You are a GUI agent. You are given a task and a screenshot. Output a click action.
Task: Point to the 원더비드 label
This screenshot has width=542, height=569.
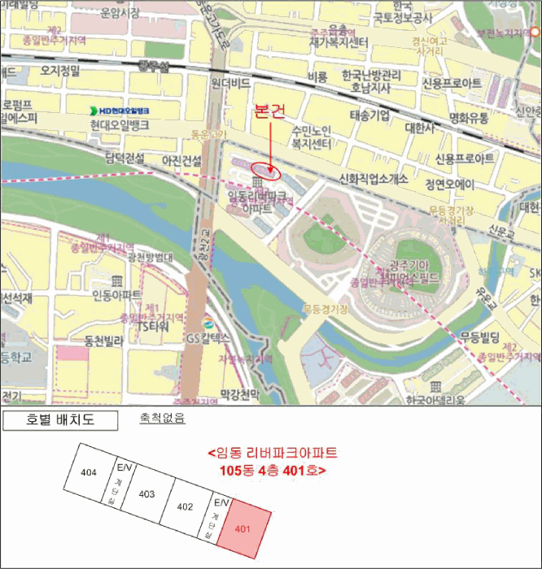(x=229, y=84)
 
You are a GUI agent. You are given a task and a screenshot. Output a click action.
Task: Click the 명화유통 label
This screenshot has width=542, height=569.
(x=469, y=118)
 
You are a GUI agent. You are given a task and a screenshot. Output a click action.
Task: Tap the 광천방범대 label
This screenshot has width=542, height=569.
(x=151, y=257)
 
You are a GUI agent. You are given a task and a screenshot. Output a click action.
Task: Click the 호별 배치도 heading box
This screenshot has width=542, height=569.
(x=61, y=420)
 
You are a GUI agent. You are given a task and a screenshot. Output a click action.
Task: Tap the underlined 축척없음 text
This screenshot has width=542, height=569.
(x=163, y=419)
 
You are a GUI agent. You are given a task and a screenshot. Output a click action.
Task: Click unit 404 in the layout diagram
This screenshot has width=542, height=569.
(x=90, y=471)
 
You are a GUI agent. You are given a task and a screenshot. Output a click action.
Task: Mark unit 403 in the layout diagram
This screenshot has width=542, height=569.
(x=146, y=493)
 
